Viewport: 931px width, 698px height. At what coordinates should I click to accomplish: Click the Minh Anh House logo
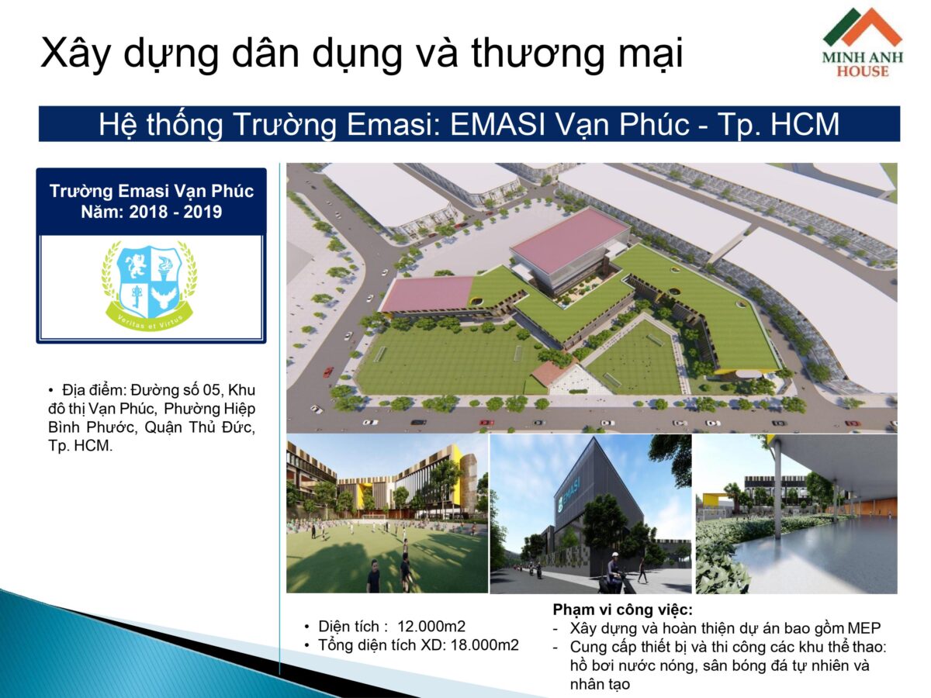tap(862, 43)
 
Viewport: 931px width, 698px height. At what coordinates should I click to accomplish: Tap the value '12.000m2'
tap(431, 626)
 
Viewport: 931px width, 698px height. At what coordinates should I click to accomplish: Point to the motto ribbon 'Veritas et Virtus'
tap(150, 324)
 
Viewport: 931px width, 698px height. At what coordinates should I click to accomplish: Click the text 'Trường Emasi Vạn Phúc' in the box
tap(151, 191)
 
